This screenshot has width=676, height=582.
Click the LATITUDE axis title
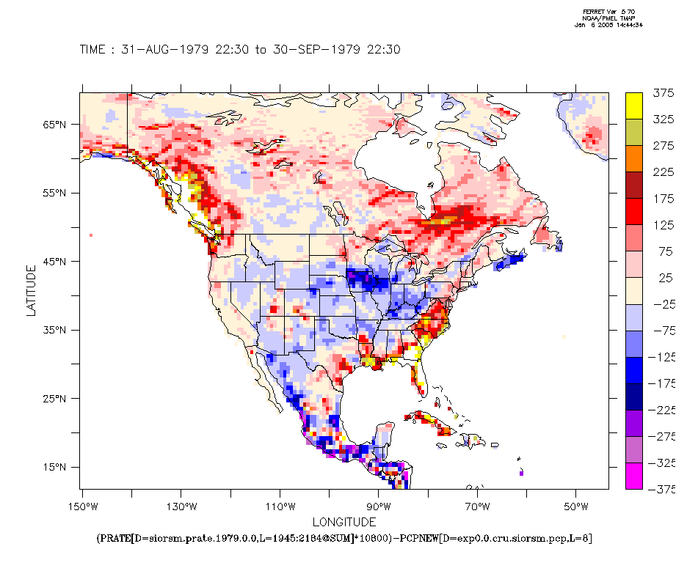tap(31, 291)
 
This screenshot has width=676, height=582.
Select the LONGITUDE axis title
tap(344, 522)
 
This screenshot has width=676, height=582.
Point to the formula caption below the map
tap(344, 539)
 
